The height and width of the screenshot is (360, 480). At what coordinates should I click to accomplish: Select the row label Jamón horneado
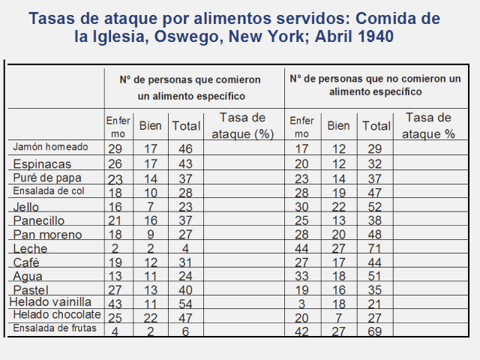pyautogui.click(x=50, y=147)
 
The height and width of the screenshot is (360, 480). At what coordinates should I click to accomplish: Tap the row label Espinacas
pyautogui.click(x=42, y=163)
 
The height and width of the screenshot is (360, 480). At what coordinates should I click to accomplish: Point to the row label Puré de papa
pyautogui.click(x=47, y=178)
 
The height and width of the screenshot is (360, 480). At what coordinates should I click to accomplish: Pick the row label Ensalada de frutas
pyautogui.click(x=55, y=328)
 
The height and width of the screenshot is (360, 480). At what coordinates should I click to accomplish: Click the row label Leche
pyautogui.click(x=30, y=248)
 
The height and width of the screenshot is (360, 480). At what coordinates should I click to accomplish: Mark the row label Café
pyautogui.click(x=27, y=262)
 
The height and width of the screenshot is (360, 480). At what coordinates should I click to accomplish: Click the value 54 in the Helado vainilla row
pyautogui.click(x=185, y=302)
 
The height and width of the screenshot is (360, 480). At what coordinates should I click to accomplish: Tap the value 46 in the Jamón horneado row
pyautogui.click(x=185, y=150)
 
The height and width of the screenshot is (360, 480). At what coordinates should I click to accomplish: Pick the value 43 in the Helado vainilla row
pyautogui.click(x=115, y=302)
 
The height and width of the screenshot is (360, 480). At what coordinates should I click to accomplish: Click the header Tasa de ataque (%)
pyautogui.click(x=240, y=126)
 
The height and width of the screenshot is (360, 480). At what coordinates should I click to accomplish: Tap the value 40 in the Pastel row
pyautogui.click(x=185, y=289)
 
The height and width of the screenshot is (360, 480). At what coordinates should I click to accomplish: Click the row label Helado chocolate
pyautogui.click(x=57, y=314)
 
